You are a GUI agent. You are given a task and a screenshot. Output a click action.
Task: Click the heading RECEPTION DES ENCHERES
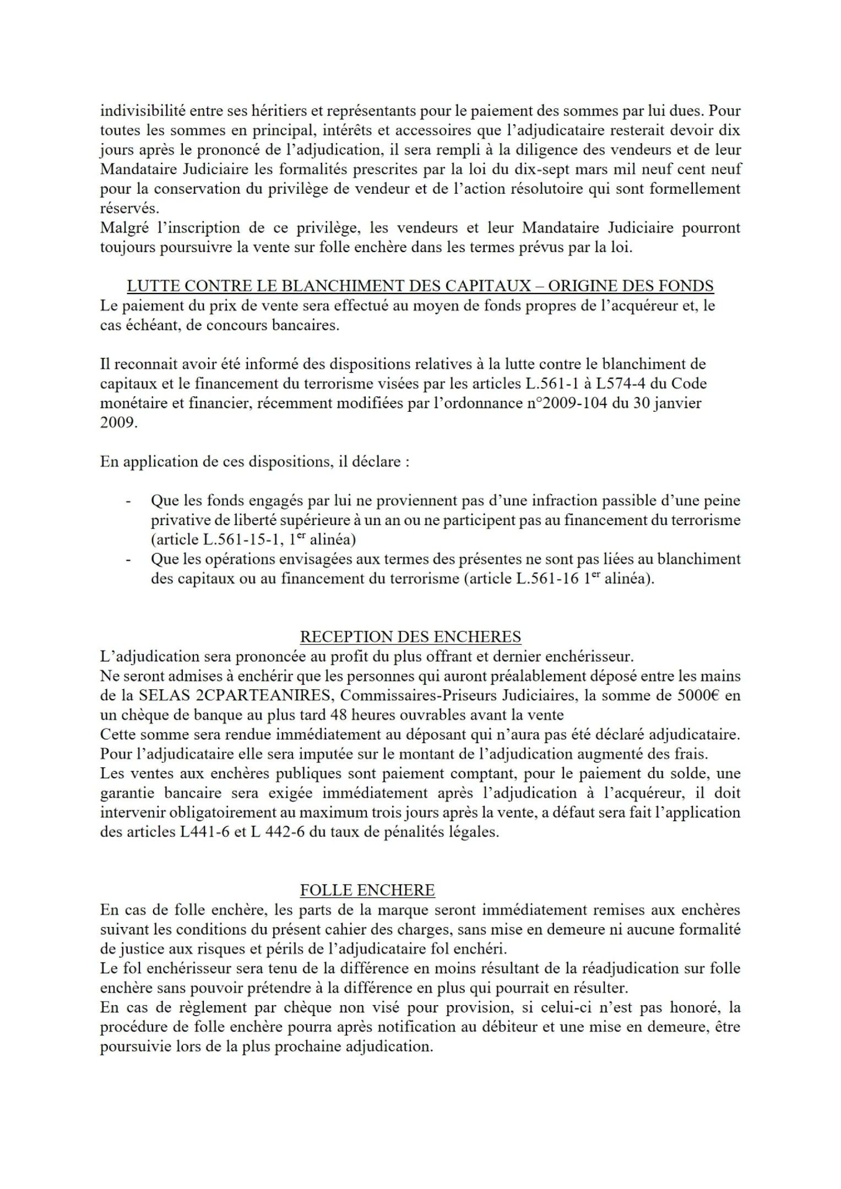coord(410,637)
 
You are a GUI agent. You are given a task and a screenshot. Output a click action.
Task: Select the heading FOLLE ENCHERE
coord(367,890)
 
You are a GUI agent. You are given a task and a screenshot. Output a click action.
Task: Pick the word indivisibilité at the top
coord(142,111)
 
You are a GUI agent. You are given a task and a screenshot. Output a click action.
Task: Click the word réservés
coord(122,209)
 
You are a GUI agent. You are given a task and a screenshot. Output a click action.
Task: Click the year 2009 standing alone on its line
coord(118,423)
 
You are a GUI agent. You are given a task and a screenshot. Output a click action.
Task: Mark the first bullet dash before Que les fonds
coord(128,501)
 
